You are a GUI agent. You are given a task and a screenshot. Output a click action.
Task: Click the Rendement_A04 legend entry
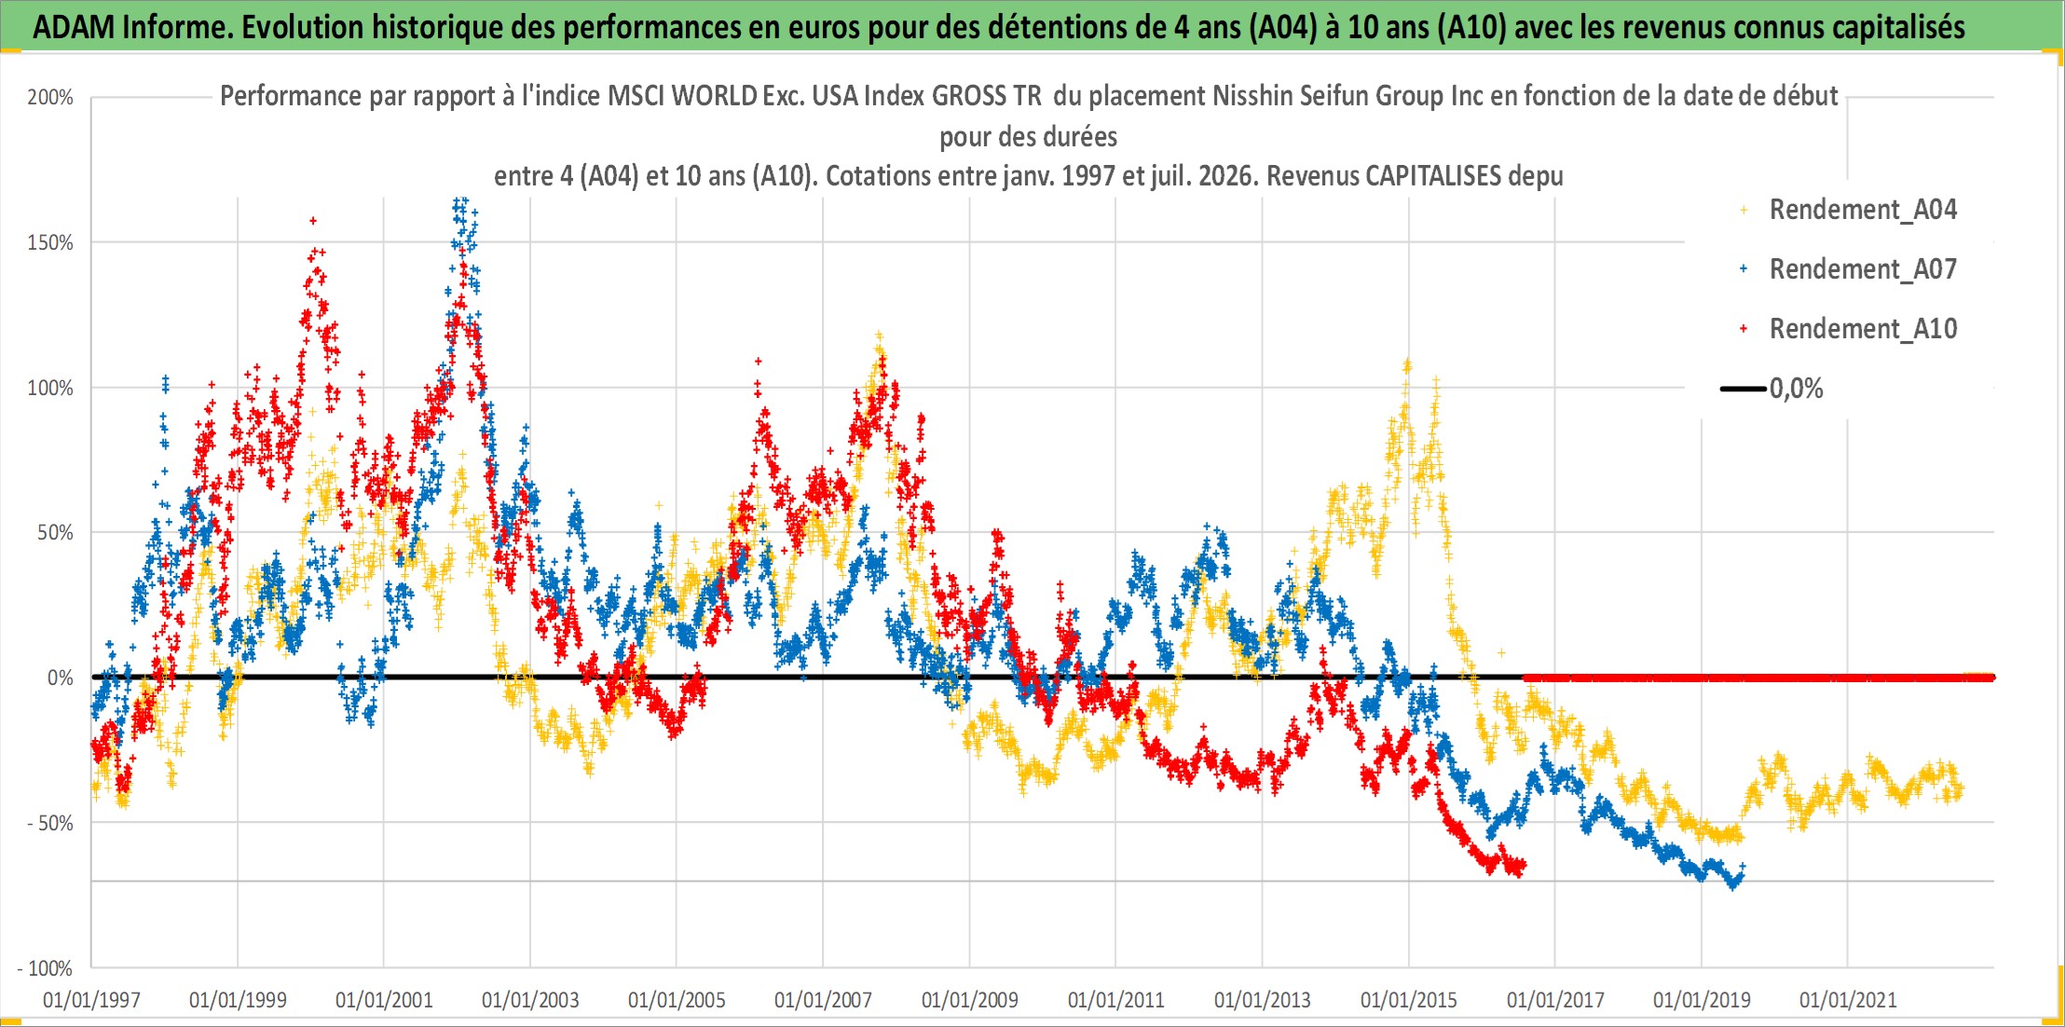coord(1850,210)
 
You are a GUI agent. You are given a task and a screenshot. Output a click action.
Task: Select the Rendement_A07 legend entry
coord(1850,269)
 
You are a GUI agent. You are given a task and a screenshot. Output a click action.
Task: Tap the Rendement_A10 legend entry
coord(1850,329)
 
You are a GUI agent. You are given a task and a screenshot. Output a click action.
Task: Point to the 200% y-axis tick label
coord(50,97)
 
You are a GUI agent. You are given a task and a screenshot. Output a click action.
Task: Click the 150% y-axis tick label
coord(50,242)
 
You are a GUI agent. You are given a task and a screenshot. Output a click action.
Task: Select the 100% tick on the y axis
coord(50,388)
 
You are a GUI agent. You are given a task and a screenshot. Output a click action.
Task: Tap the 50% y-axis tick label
coord(55,533)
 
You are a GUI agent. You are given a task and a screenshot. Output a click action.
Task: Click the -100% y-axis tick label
coord(46,968)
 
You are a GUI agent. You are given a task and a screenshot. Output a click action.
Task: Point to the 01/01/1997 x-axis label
coord(91,1001)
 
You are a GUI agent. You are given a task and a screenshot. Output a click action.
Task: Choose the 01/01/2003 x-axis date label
coord(530,1001)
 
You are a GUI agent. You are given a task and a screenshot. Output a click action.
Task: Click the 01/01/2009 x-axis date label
coord(970,1001)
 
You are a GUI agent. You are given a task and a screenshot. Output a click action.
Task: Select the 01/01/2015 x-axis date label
coord(1409,1001)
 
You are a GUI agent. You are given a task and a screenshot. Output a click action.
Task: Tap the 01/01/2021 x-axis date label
coord(1848,1001)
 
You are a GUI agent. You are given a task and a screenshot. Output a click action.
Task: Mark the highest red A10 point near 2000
coord(313,221)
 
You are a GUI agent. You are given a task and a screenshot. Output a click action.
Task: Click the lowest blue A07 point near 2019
coord(1733,886)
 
